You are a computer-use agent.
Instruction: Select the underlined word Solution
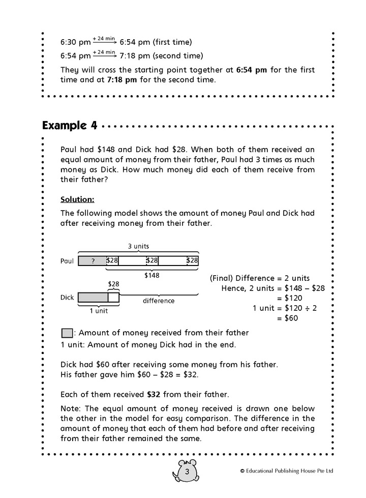pos(77,198)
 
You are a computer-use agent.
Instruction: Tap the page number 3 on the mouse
pos(187,473)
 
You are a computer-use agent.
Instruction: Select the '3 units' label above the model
pos(138,246)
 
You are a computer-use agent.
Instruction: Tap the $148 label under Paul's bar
pos(152,275)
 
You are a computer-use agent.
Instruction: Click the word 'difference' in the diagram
pos(158,301)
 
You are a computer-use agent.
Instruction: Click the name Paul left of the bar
pos(67,261)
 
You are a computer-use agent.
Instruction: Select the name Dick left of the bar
pos(67,297)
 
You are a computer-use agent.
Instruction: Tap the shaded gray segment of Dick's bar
pos(93,297)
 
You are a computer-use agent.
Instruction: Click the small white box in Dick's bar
pos(114,297)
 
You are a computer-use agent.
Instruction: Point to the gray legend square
pos(67,334)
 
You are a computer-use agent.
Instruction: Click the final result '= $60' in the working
pos(287,318)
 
